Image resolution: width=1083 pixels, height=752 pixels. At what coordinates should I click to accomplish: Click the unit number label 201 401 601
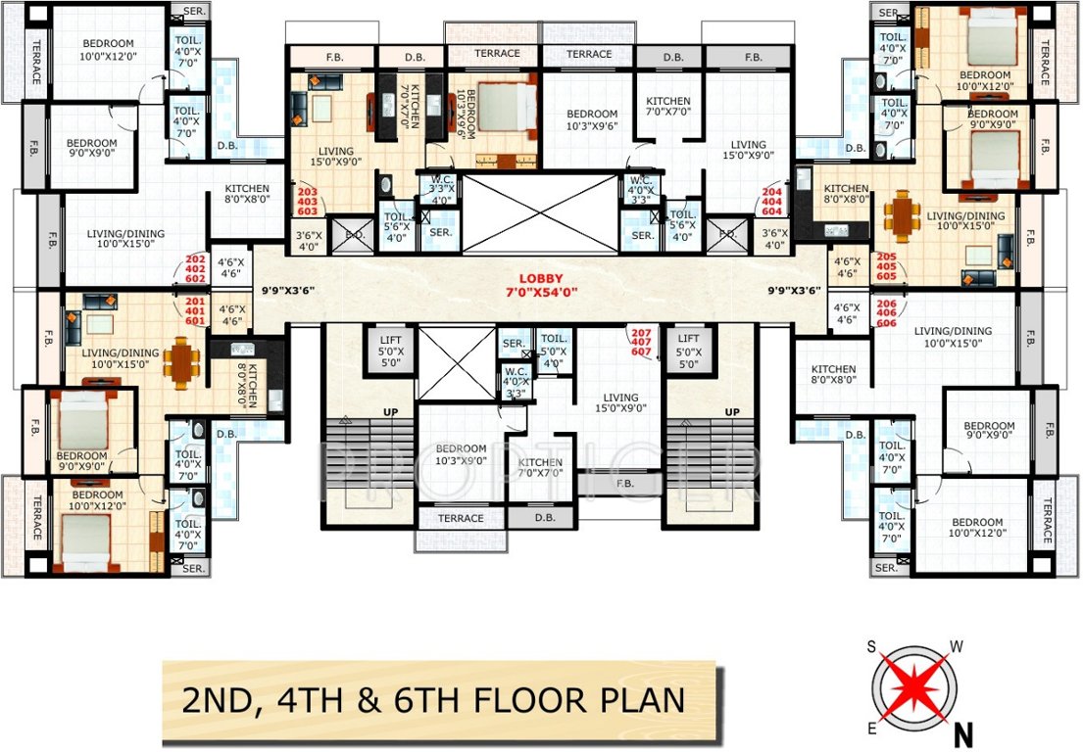pyautogui.click(x=195, y=311)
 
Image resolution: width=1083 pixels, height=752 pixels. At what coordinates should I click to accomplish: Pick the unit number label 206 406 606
pyautogui.click(x=886, y=311)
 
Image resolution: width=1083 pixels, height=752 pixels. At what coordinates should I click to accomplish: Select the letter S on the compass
pyautogui.click(x=869, y=646)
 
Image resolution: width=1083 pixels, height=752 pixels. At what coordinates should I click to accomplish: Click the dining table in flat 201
pyautogui.click(x=179, y=361)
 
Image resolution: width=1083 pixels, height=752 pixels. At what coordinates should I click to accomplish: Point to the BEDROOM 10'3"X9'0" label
pyautogui.click(x=463, y=455)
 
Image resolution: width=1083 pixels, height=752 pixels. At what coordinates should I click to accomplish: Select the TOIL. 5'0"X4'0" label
pyautogui.click(x=554, y=344)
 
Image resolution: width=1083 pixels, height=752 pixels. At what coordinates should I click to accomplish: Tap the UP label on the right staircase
pyautogui.click(x=731, y=412)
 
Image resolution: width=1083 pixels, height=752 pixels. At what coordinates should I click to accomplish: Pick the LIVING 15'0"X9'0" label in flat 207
pyautogui.click(x=622, y=403)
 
